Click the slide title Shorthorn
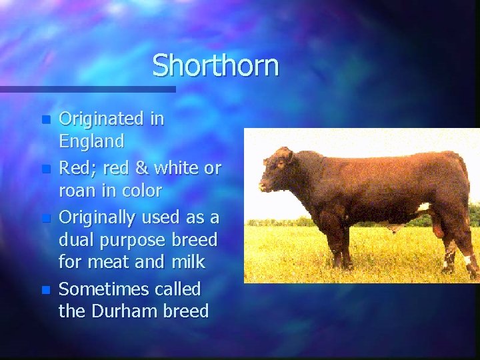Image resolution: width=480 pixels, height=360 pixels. [215, 66]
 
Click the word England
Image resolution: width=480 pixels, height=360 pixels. [91, 141]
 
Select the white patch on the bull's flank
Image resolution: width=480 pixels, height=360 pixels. [423, 207]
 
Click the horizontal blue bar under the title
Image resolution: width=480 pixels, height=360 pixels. [87, 89]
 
